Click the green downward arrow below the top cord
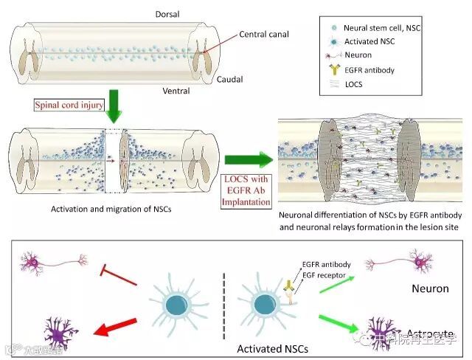point(113,108)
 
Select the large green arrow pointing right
point(247,159)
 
